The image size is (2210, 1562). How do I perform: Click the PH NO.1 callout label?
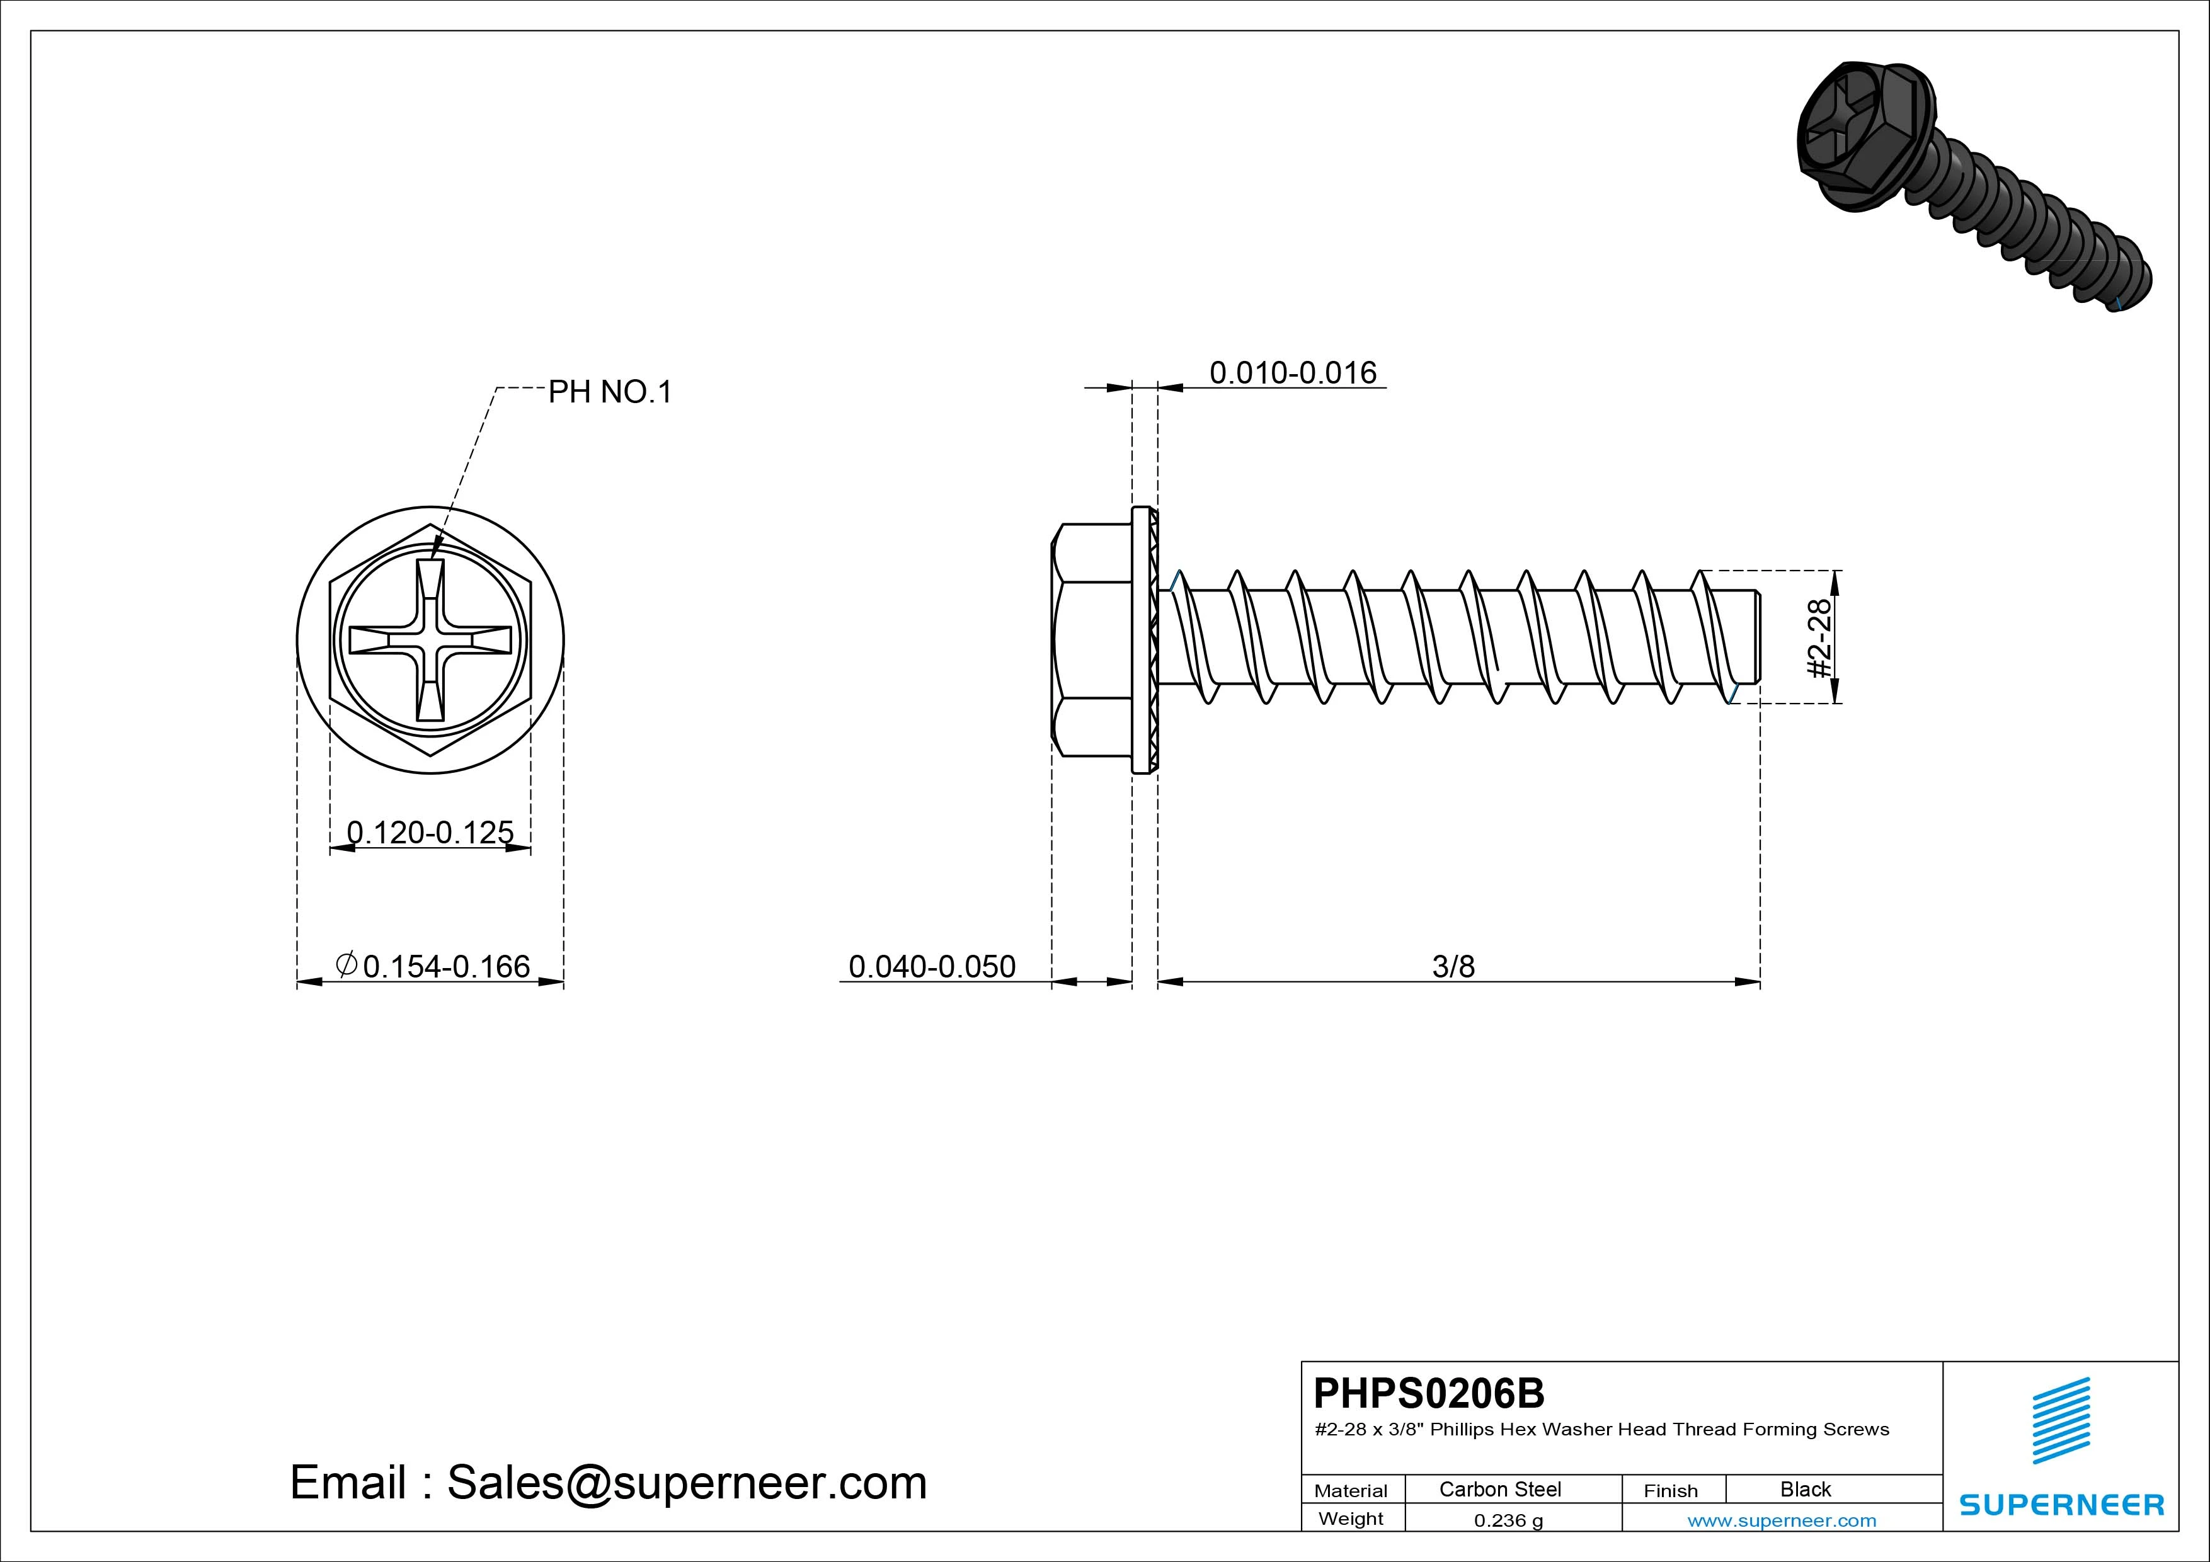pos(609,392)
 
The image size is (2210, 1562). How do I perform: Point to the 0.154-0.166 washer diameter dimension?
pos(432,966)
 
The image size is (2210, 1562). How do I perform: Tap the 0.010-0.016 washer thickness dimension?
pos(1293,372)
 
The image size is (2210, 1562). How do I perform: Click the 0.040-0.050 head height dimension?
pos(932,966)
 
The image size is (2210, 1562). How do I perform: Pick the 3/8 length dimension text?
pos(1453,966)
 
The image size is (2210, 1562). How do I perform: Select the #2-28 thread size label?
pos(1820,638)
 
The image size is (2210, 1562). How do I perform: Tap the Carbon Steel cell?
pos(1499,1489)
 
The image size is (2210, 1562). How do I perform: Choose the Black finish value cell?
pos(1806,1489)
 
